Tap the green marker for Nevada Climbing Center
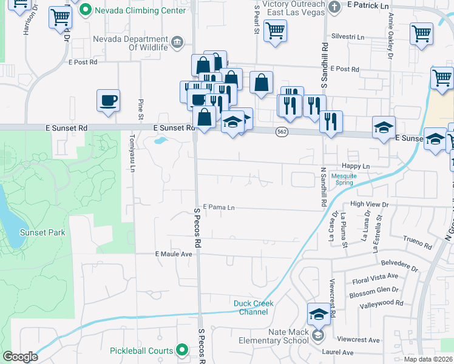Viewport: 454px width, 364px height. click(85, 10)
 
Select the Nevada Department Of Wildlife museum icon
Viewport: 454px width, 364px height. click(177, 41)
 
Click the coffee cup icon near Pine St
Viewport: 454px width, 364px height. click(108, 101)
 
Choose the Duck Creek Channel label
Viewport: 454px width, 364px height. click(254, 308)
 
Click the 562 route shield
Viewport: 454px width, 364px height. click(281, 132)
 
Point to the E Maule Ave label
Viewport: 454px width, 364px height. click(174, 254)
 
